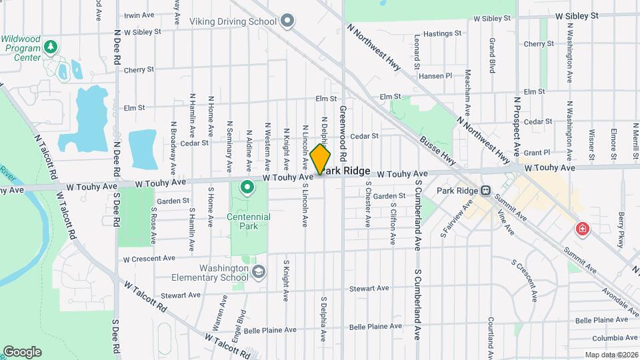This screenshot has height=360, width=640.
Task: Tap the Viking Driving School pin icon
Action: [287, 21]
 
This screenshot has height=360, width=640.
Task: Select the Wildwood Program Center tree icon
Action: [51, 47]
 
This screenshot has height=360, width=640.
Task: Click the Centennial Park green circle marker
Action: [247, 187]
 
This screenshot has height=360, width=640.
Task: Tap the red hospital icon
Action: [583, 230]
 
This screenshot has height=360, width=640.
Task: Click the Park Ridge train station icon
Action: [486, 191]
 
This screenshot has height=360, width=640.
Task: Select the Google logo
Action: [22, 351]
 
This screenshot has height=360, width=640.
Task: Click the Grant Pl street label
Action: [537, 152]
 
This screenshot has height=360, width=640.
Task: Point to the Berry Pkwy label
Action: [622, 229]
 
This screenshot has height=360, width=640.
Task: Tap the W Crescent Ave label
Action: [149, 258]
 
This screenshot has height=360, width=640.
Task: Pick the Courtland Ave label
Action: [491, 336]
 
